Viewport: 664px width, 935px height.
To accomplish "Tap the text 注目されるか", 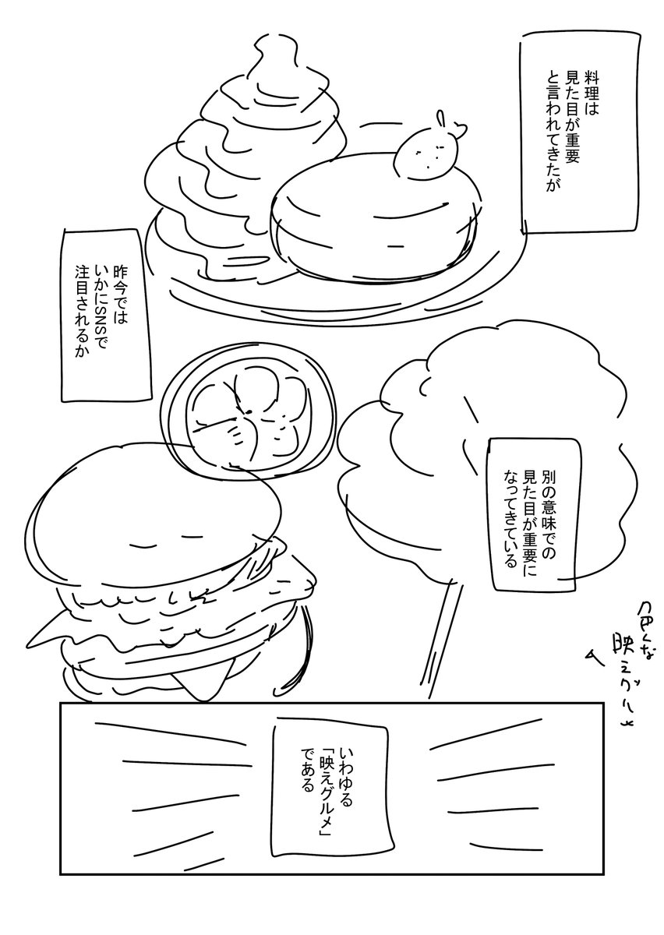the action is click(x=82, y=312).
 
